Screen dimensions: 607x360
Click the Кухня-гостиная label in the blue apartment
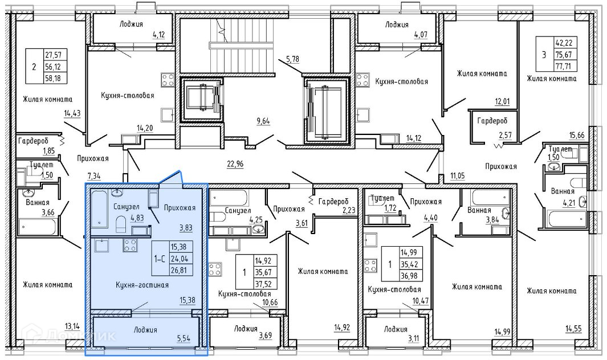pos(142,285)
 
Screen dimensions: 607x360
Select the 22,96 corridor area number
pos(235,164)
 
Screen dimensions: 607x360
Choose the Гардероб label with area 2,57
pos(492,121)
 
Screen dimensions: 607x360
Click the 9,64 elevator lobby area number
pos(263,121)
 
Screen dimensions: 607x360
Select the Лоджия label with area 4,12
pos(131,24)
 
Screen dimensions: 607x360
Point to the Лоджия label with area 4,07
pos(397,24)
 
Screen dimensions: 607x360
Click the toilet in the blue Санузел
pos(121,223)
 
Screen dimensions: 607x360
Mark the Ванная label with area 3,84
pos(479,210)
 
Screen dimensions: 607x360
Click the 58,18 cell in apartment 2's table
pos(56,78)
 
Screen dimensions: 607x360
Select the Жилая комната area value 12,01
pos(502,102)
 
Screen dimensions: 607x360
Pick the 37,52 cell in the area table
pos(263,284)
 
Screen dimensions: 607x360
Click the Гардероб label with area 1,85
pos(33,141)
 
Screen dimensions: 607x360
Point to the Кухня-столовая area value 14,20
pos(145,128)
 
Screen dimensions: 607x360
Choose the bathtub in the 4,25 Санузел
pos(229,198)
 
